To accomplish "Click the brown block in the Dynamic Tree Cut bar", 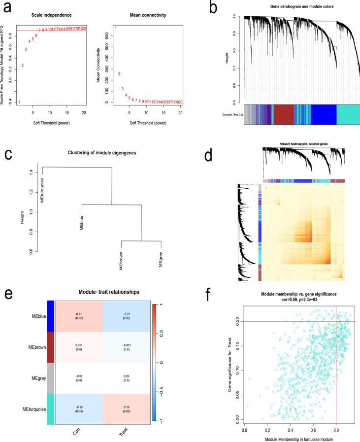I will (x=283, y=114).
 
